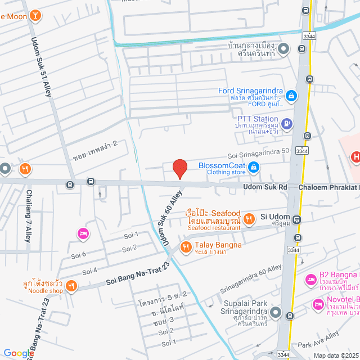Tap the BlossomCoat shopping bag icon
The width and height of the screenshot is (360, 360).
pos(254,166)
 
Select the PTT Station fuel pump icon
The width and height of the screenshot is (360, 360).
pos(286,123)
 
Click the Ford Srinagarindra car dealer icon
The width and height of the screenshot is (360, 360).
pos(291,96)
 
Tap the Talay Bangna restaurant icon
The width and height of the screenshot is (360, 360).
pos(184,246)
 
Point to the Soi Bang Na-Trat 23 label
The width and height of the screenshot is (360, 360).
pos(137,276)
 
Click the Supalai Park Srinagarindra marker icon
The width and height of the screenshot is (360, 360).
pos(276,312)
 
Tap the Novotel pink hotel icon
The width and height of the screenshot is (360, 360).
pos(317,304)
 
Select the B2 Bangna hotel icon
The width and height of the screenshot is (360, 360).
pos(309,279)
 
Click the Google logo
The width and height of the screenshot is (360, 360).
pos(18,353)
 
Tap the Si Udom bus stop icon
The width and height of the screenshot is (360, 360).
pos(296,220)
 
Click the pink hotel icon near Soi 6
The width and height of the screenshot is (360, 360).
pos(83,233)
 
